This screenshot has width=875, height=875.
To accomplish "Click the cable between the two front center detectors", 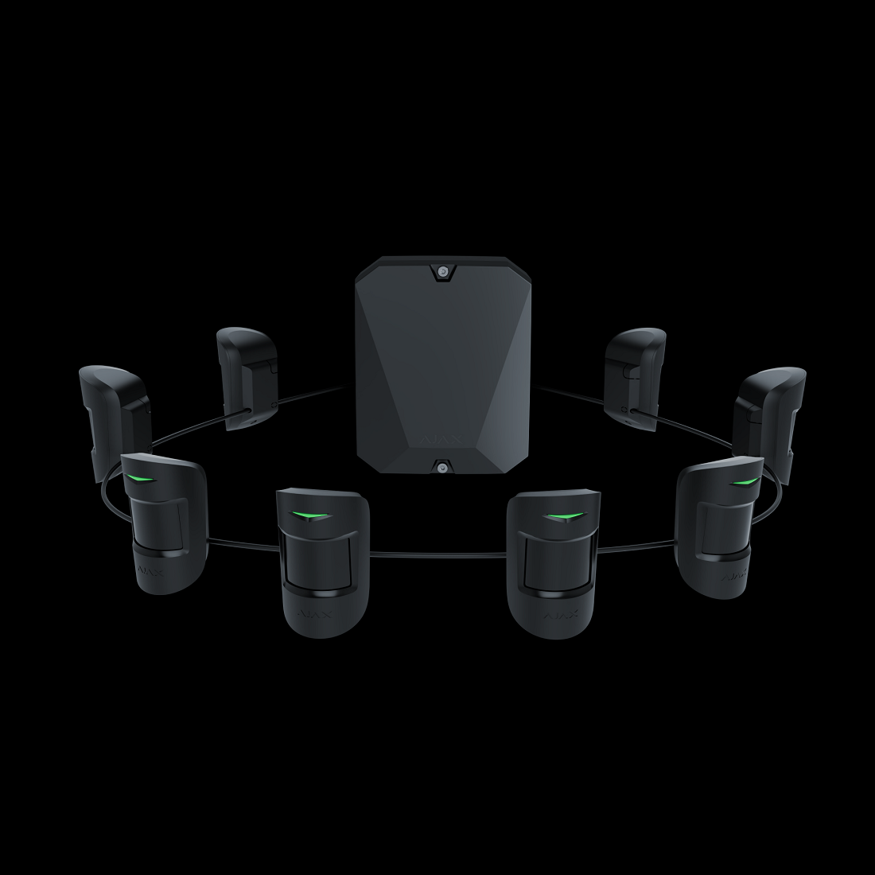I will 437,556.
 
